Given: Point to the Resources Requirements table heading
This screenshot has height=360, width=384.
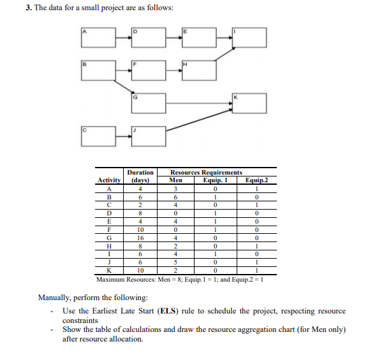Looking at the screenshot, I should pos(206,172).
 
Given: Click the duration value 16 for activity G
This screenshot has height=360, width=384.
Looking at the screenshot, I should pos(140,237).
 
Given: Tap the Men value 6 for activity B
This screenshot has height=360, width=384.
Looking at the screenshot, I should pos(179,197).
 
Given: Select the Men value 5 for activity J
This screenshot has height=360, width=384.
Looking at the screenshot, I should pos(179,263).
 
